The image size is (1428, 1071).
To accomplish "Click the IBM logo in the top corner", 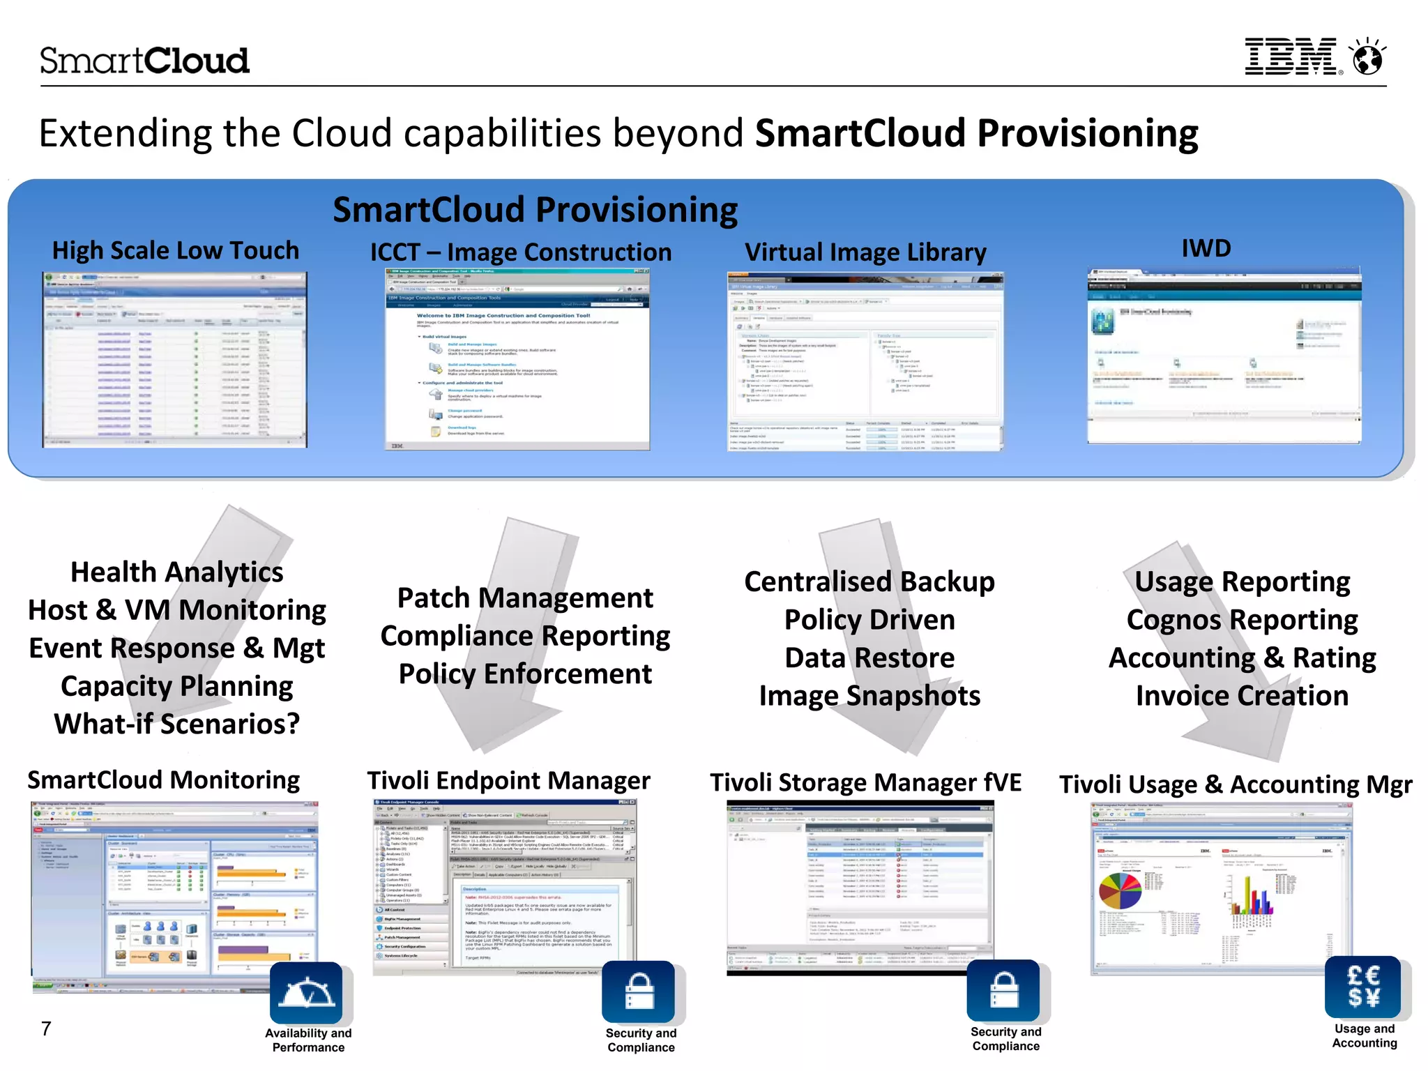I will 1291,56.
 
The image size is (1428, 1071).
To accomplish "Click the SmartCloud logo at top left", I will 144,61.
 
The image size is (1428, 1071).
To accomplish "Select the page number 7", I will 46,1028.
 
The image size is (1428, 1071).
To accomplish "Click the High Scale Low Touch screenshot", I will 174,359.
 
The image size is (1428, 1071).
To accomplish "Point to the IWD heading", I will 1206,248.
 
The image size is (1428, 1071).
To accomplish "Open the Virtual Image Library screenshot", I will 865,361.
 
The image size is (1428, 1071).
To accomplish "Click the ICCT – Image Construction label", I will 520,252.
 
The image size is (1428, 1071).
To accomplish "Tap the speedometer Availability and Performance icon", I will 306,993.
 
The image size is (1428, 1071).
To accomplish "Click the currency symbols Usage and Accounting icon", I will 1362,987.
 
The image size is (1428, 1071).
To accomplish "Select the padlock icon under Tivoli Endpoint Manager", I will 639,992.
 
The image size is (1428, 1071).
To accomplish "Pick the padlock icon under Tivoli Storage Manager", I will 1003,990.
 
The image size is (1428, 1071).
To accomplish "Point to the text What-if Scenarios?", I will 177,724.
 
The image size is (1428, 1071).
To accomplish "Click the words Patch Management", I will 525,598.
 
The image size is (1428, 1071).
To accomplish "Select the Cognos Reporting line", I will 1242,619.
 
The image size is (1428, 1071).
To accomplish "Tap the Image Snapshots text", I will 869,696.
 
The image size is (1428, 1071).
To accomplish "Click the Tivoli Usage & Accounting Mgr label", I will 1236,784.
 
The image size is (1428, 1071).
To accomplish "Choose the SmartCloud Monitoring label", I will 164,780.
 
